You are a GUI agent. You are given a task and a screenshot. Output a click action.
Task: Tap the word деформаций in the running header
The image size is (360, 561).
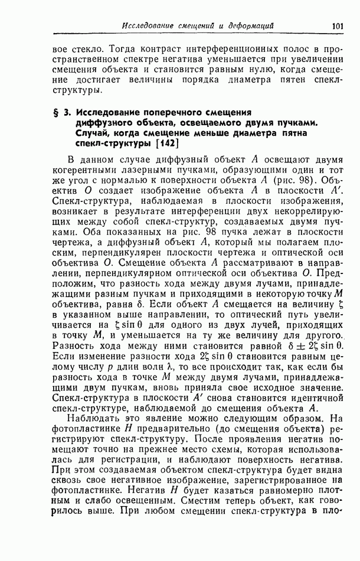pos(246,26)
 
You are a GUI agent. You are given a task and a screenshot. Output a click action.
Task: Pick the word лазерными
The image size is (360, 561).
pos(155,172)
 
